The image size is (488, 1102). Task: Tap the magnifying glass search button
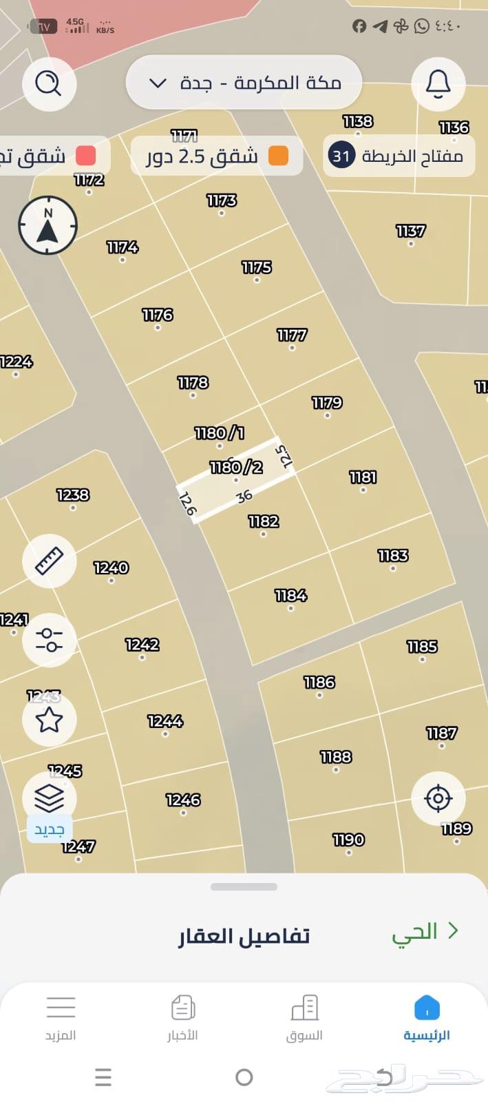[49, 84]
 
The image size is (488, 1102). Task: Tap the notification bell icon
[438, 84]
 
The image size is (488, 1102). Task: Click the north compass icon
[47, 225]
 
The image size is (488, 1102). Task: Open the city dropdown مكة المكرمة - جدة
[244, 83]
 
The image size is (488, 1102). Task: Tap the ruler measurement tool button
[49, 561]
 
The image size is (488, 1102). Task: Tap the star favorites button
[49, 720]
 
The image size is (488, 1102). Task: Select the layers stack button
[49, 798]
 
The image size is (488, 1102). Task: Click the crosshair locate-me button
[438, 798]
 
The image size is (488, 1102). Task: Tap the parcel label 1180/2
[236, 468]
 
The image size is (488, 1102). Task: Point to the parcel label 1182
[263, 522]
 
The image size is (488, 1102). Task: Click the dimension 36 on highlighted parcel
[244, 497]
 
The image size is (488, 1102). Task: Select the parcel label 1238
[73, 495]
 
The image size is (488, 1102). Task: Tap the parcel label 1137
[410, 231]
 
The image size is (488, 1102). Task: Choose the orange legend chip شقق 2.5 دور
[217, 156]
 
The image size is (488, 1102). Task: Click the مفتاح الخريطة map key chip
[399, 156]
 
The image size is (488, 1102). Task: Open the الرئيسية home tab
[427, 1017]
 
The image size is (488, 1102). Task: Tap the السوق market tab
[304, 1017]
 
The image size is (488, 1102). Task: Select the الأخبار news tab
[182, 1017]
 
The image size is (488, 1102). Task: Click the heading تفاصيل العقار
[244, 937]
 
